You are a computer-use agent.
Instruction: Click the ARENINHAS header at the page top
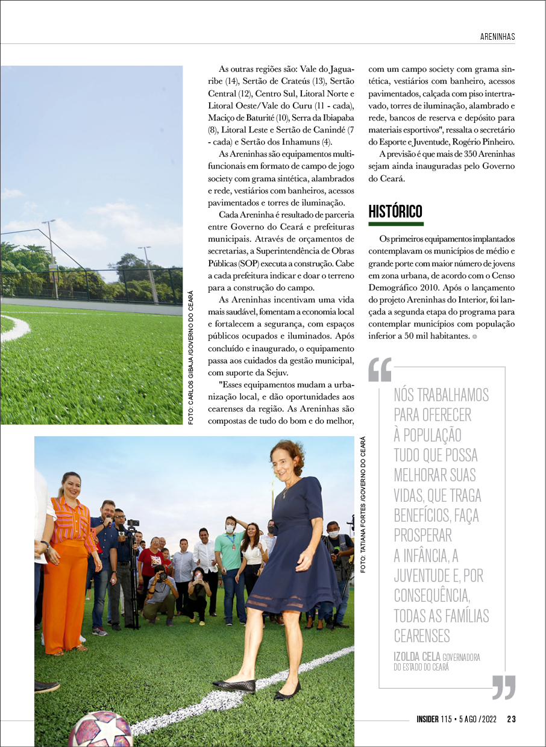pyautogui.click(x=497, y=36)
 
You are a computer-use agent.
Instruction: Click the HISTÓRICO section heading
pyautogui.click(x=395, y=212)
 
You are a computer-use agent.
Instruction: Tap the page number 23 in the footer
pyautogui.click(x=511, y=719)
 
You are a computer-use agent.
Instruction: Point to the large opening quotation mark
pyautogui.click(x=380, y=369)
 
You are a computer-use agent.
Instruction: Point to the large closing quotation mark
pyautogui.click(x=503, y=687)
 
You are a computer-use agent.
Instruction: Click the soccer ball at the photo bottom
pyautogui.click(x=99, y=730)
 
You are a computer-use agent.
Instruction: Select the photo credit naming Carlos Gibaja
pyautogui.click(x=191, y=358)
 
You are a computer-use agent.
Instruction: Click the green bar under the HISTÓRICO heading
pyautogui.click(x=396, y=224)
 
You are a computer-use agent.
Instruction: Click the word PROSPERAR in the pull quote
pyautogui.click(x=423, y=534)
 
